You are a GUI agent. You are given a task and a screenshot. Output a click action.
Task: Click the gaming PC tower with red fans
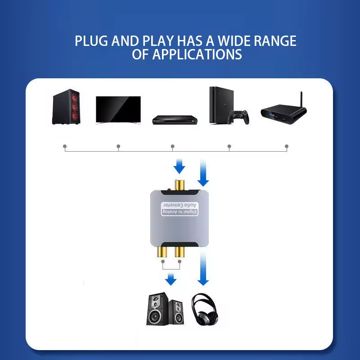66,107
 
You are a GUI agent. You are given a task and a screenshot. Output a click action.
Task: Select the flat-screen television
118,110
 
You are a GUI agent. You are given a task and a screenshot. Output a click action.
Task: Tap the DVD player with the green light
175,120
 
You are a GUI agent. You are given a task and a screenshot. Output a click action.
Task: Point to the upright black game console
221,105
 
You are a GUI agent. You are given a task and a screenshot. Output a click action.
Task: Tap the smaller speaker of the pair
176,312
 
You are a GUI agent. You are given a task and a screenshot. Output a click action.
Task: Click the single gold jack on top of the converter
180,185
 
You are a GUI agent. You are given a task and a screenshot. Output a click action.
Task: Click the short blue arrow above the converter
179,166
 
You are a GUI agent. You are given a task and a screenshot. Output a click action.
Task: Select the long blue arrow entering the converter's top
203,173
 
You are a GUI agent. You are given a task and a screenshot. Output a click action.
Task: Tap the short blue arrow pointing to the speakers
171,279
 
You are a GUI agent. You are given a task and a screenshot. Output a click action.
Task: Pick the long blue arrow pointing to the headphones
203,269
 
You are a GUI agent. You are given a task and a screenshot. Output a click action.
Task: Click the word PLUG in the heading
91,41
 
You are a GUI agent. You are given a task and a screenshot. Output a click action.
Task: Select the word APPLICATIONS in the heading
197,54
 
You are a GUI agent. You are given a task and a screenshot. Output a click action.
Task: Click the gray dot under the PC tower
65,146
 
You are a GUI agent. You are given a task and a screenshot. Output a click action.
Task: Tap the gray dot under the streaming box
287,146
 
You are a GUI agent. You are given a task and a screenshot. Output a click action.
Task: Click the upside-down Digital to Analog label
180,212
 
